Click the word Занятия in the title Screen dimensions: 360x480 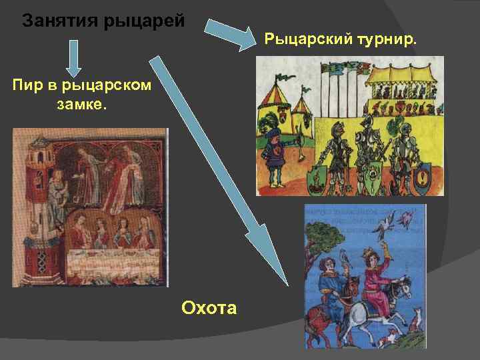tap(59, 21)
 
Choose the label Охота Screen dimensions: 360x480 tap(209, 307)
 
